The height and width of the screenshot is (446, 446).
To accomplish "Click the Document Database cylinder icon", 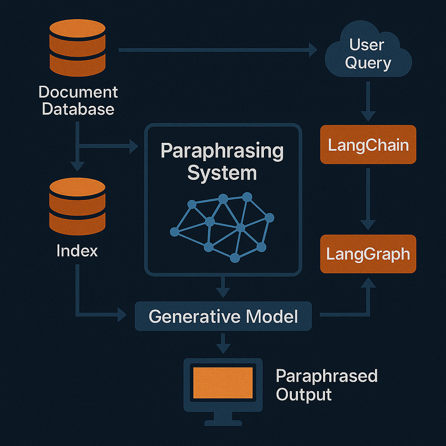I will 78,48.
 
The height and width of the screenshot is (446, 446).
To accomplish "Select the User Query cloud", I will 368,54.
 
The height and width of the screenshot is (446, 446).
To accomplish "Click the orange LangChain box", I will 368,145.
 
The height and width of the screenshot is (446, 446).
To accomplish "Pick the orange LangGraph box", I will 368,254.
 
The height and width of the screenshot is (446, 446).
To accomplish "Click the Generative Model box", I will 223,316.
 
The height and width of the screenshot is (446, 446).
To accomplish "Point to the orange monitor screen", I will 223,382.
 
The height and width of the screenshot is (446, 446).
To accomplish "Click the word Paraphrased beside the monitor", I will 327,376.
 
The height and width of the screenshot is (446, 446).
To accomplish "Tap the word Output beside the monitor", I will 304,395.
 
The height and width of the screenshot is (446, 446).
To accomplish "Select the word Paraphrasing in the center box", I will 222,151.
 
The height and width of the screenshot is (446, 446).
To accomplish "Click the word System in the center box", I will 222,173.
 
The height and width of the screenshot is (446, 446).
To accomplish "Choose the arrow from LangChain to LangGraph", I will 368,198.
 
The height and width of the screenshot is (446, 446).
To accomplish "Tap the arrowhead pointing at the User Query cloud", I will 312,50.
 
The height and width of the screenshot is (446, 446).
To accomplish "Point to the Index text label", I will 77,251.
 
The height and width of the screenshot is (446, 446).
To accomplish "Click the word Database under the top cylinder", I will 78,108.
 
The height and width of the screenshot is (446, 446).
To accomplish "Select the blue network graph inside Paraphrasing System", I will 222,226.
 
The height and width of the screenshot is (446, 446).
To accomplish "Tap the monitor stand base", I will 223,422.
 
